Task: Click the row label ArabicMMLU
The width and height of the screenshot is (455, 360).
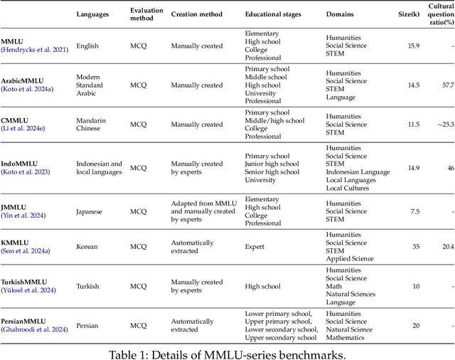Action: pos(24,81)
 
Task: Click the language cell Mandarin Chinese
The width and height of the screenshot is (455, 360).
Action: pos(95,125)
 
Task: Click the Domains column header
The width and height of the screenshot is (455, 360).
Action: pos(342,14)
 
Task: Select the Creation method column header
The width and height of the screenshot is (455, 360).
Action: pos(196,14)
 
